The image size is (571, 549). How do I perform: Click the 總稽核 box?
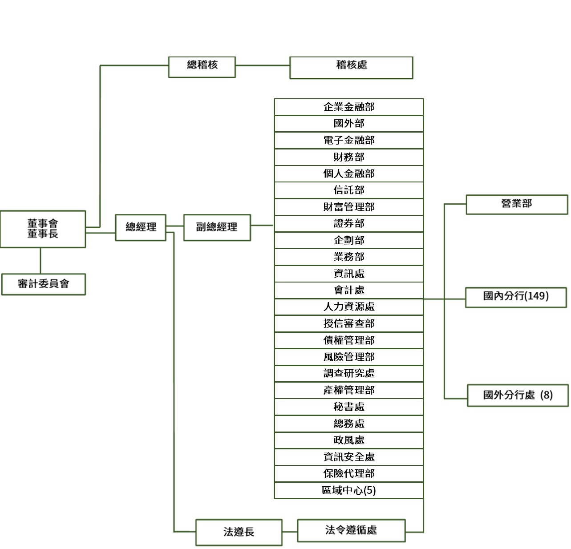tap(202, 67)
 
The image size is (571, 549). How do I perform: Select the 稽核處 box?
tap(351, 68)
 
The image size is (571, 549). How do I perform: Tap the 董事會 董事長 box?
tap(43, 229)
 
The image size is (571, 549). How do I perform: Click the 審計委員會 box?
tap(44, 284)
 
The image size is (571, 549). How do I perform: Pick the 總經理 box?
tap(141, 227)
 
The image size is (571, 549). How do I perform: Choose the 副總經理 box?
tap(217, 227)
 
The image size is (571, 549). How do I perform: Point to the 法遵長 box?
tap(239, 532)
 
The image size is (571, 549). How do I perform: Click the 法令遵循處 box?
tap(351, 530)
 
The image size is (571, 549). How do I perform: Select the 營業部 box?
tap(517, 204)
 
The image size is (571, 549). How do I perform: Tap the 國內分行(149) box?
tap(516, 297)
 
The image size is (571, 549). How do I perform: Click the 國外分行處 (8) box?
tap(518, 395)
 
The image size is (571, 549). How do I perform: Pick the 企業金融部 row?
tap(349, 107)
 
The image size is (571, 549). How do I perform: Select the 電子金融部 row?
tap(349, 141)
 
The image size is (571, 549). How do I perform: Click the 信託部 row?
tap(349, 190)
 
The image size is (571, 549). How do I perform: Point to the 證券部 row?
tap(349, 224)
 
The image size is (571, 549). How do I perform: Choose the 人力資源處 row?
tap(349, 307)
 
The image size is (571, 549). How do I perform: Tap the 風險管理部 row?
tap(349, 357)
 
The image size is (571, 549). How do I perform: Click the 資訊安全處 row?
tap(349, 457)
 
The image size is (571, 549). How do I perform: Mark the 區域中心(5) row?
tap(349, 490)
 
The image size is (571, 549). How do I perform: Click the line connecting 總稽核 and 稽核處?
tap(263, 65)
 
